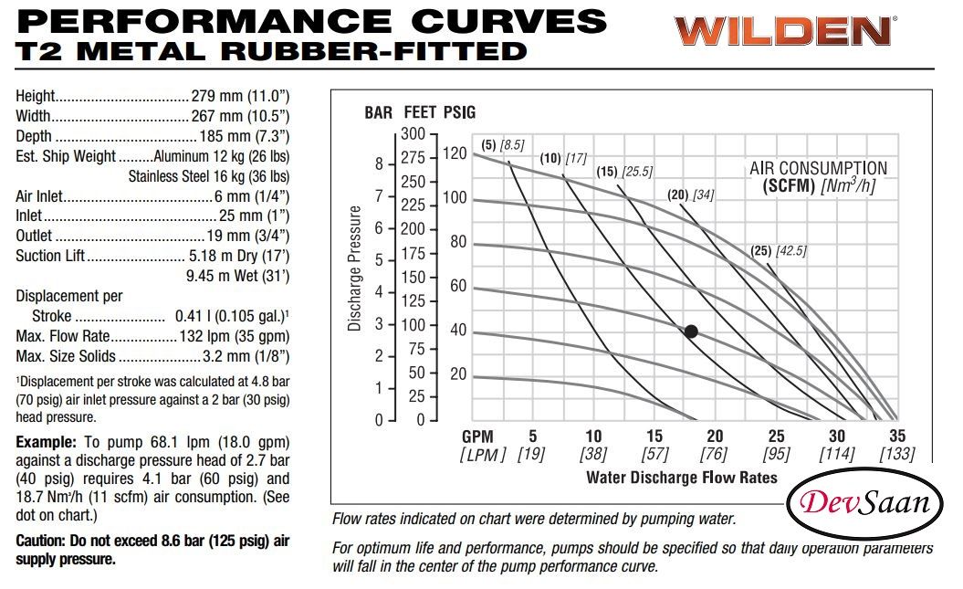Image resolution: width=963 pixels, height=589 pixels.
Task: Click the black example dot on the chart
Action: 691,331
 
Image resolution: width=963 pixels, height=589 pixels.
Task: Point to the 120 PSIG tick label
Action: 454,153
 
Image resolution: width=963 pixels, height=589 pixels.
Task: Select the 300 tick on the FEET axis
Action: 415,134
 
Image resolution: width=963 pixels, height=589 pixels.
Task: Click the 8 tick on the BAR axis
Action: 378,164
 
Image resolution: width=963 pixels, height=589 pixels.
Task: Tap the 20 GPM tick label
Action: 715,436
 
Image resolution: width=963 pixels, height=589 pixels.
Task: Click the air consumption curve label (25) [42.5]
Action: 779,251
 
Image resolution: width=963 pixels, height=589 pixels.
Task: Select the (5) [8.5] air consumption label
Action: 502,144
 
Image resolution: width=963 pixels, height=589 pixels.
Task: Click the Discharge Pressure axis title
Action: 356,267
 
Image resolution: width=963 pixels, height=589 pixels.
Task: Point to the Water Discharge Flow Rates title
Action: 681,477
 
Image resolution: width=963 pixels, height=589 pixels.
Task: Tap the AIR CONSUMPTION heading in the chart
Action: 818,168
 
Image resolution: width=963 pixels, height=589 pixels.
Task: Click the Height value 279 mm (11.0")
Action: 240,96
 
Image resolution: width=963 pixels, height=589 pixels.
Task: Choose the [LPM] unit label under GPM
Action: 482,455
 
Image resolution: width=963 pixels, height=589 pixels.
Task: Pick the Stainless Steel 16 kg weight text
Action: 209,175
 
